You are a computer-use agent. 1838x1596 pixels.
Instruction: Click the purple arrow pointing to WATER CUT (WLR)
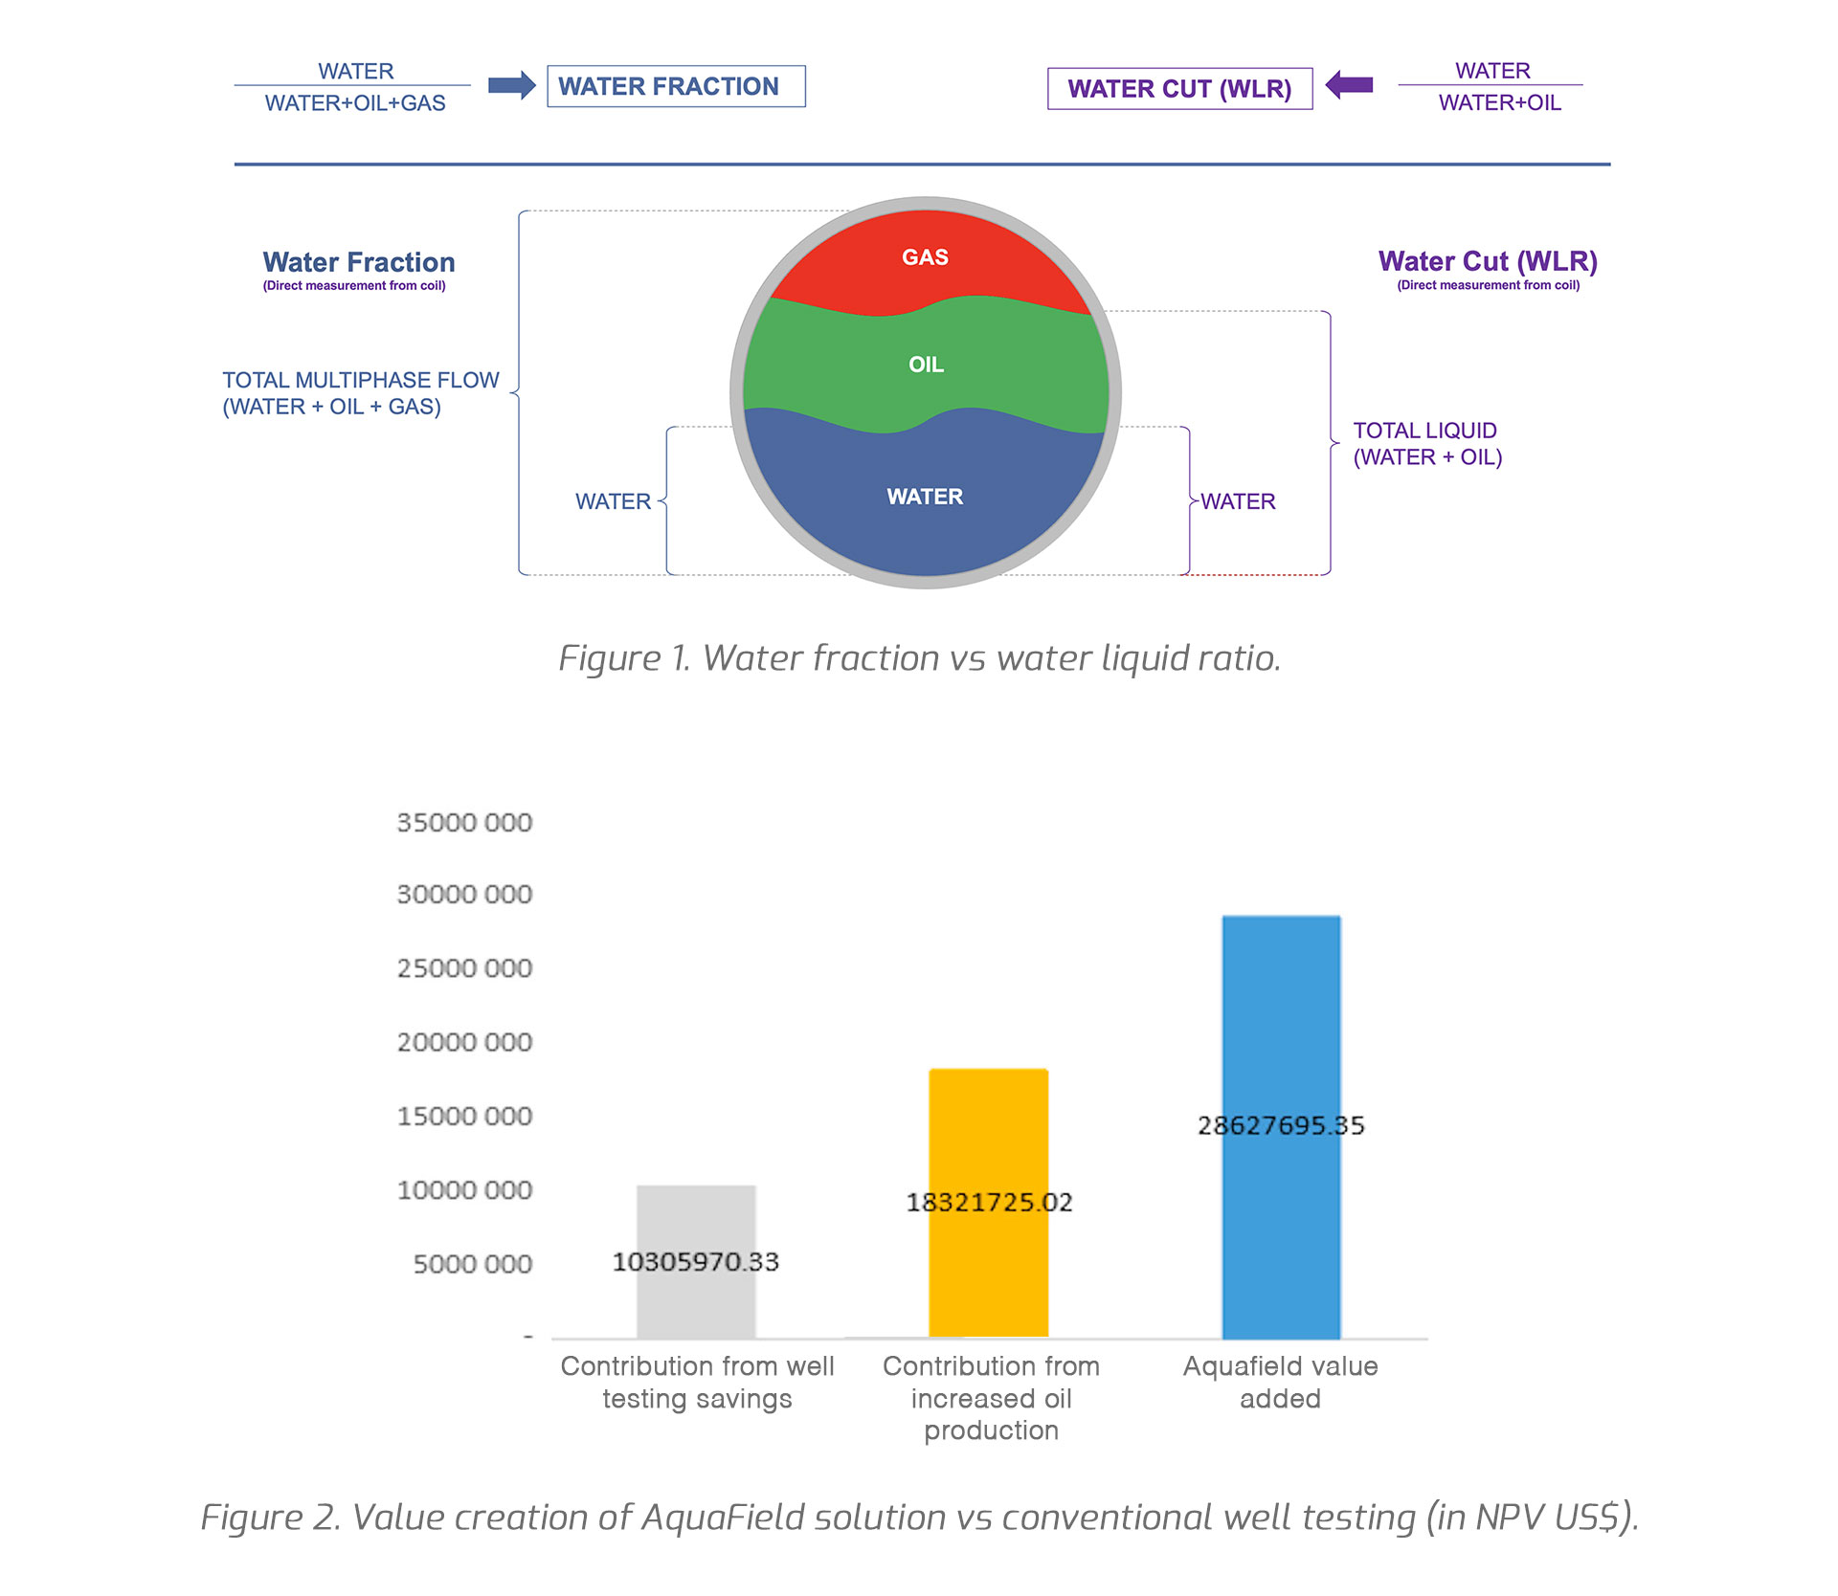point(1349,85)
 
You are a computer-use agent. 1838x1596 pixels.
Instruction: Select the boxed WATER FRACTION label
point(676,86)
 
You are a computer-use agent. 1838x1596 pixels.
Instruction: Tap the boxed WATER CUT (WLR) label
point(1179,89)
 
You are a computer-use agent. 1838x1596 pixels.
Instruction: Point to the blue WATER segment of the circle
point(925,498)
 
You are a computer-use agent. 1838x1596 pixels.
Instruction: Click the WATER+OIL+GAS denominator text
point(355,103)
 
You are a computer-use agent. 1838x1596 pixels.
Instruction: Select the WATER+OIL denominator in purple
point(1499,103)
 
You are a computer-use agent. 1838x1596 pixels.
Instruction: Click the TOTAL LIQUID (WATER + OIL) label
point(1427,444)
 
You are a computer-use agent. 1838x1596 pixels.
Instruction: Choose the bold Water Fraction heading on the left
point(359,262)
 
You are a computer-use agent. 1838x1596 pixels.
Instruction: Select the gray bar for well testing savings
point(696,1262)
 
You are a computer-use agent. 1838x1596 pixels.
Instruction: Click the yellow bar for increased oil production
point(989,1203)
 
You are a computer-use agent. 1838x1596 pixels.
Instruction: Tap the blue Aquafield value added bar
point(1281,1127)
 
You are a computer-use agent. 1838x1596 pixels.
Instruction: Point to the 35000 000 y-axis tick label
point(464,823)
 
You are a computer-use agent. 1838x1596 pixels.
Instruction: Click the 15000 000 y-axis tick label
point(464,1117)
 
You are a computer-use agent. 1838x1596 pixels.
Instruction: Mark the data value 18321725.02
point(989,1203)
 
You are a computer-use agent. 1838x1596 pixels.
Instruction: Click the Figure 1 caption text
point(920,658)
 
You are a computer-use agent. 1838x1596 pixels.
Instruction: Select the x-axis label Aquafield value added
point(1281,1383)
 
